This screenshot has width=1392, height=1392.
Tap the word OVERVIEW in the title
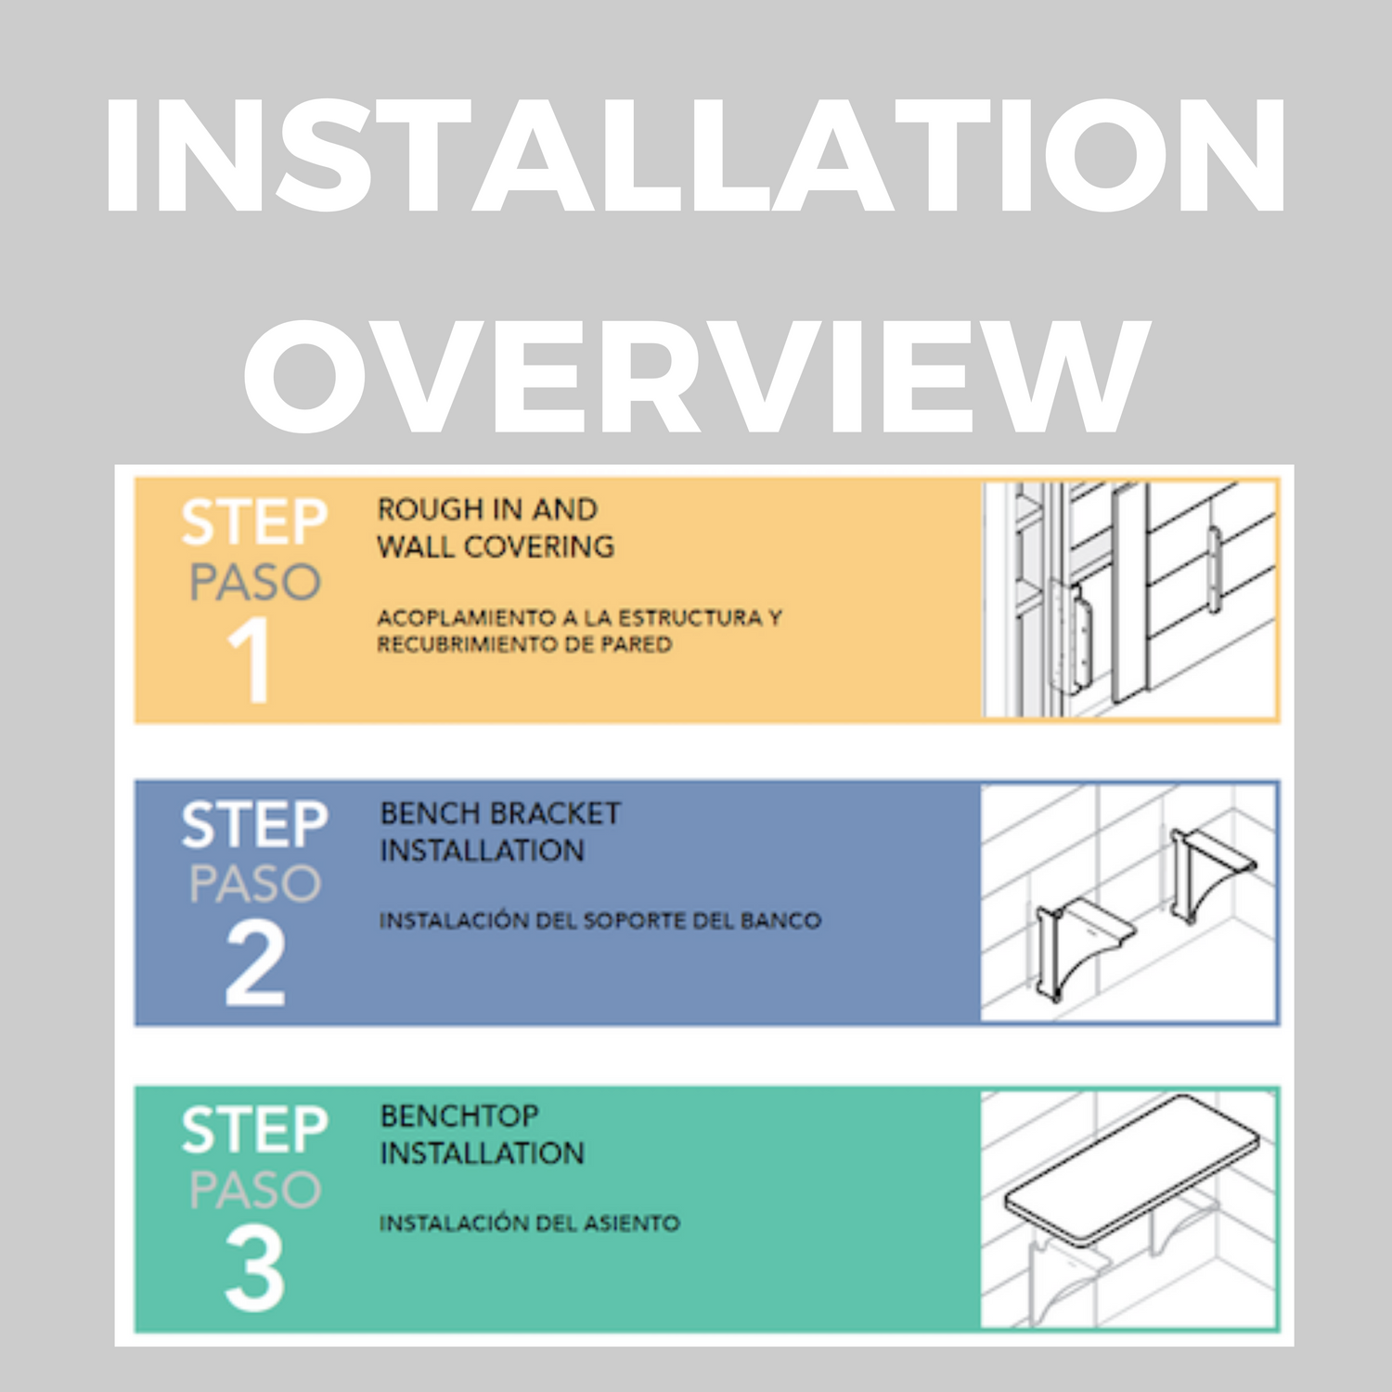pyautogui.click(x=696, y=375)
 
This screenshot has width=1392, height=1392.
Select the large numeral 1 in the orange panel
pyautogui.click(x=251, y=660)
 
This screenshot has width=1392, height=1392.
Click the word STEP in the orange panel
pyautogui.click(x=254, y=522)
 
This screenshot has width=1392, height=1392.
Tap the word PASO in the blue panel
pyautogui.click(x=255, y=883)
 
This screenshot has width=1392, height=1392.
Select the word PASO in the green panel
pyautogui.click(x=255, y=1190)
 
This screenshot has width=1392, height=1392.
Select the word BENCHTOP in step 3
pyautogui.click(x=459, y=1115)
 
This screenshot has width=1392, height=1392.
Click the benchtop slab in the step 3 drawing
pyautogui.click(x=1132, y=1169)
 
